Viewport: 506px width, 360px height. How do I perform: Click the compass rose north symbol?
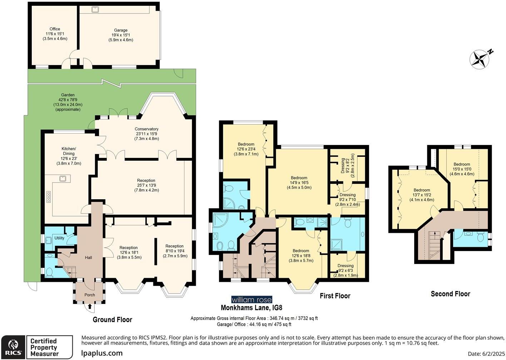click(x=481, y=59)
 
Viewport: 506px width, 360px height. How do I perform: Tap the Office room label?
click(x=55, y=34)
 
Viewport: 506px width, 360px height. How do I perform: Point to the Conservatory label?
click(x=147, y=134)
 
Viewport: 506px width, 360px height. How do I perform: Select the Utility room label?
click(x=59, y=238)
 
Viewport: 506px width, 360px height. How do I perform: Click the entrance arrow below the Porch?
click(x=89, y=306)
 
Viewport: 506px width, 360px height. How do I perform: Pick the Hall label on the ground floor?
click(x=89, y=257)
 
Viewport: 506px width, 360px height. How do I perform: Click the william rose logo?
click(x=252, y=300)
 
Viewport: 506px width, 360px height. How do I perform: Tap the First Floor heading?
click(x=335, y=296)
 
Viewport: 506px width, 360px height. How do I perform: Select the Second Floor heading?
click(x=450, y=294)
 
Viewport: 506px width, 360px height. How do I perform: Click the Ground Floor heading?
click(x=112, y=320)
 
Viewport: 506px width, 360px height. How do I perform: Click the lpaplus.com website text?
click(x=102, y=353)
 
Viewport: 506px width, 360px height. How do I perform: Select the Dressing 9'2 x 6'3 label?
click(x=345, y=270)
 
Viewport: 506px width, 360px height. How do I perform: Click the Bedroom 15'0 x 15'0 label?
click(x=462, y=169)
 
